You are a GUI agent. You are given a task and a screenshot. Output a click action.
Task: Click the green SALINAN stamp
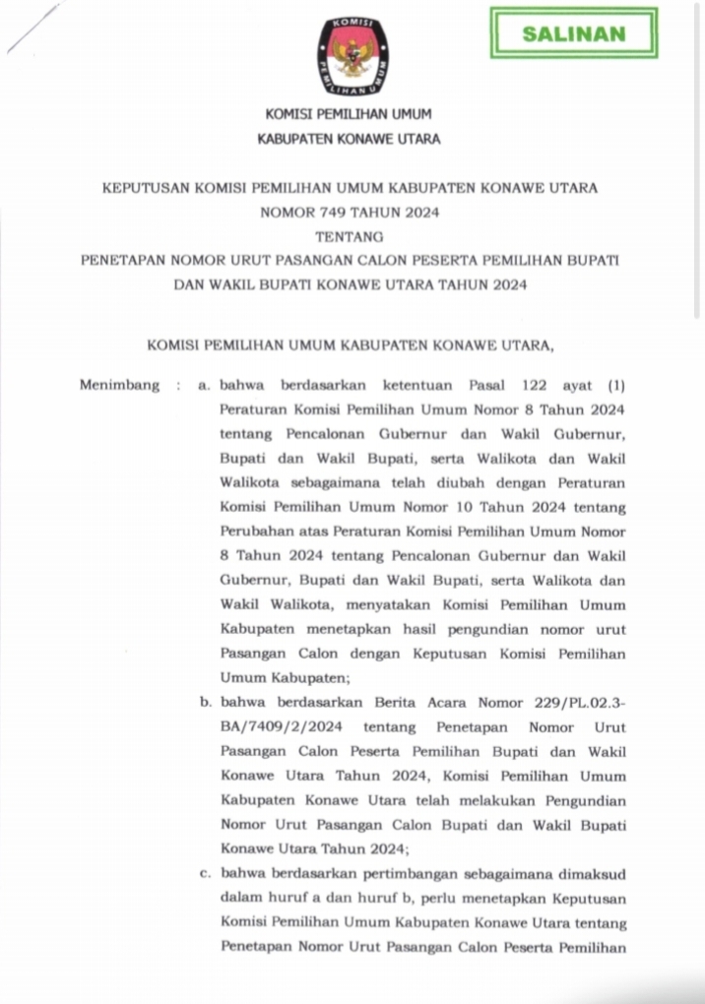tap(573, 33)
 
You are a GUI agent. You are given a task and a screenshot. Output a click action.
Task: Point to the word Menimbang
tap(119, 386)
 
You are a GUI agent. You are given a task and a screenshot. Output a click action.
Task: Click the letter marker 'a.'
tap(204, 386)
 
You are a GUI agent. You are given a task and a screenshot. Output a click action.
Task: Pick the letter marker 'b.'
tap(204, 704)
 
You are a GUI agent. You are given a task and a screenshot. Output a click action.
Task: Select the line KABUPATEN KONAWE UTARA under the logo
tap(349, 140)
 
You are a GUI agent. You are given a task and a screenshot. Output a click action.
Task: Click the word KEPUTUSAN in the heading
tap(152, 187)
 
